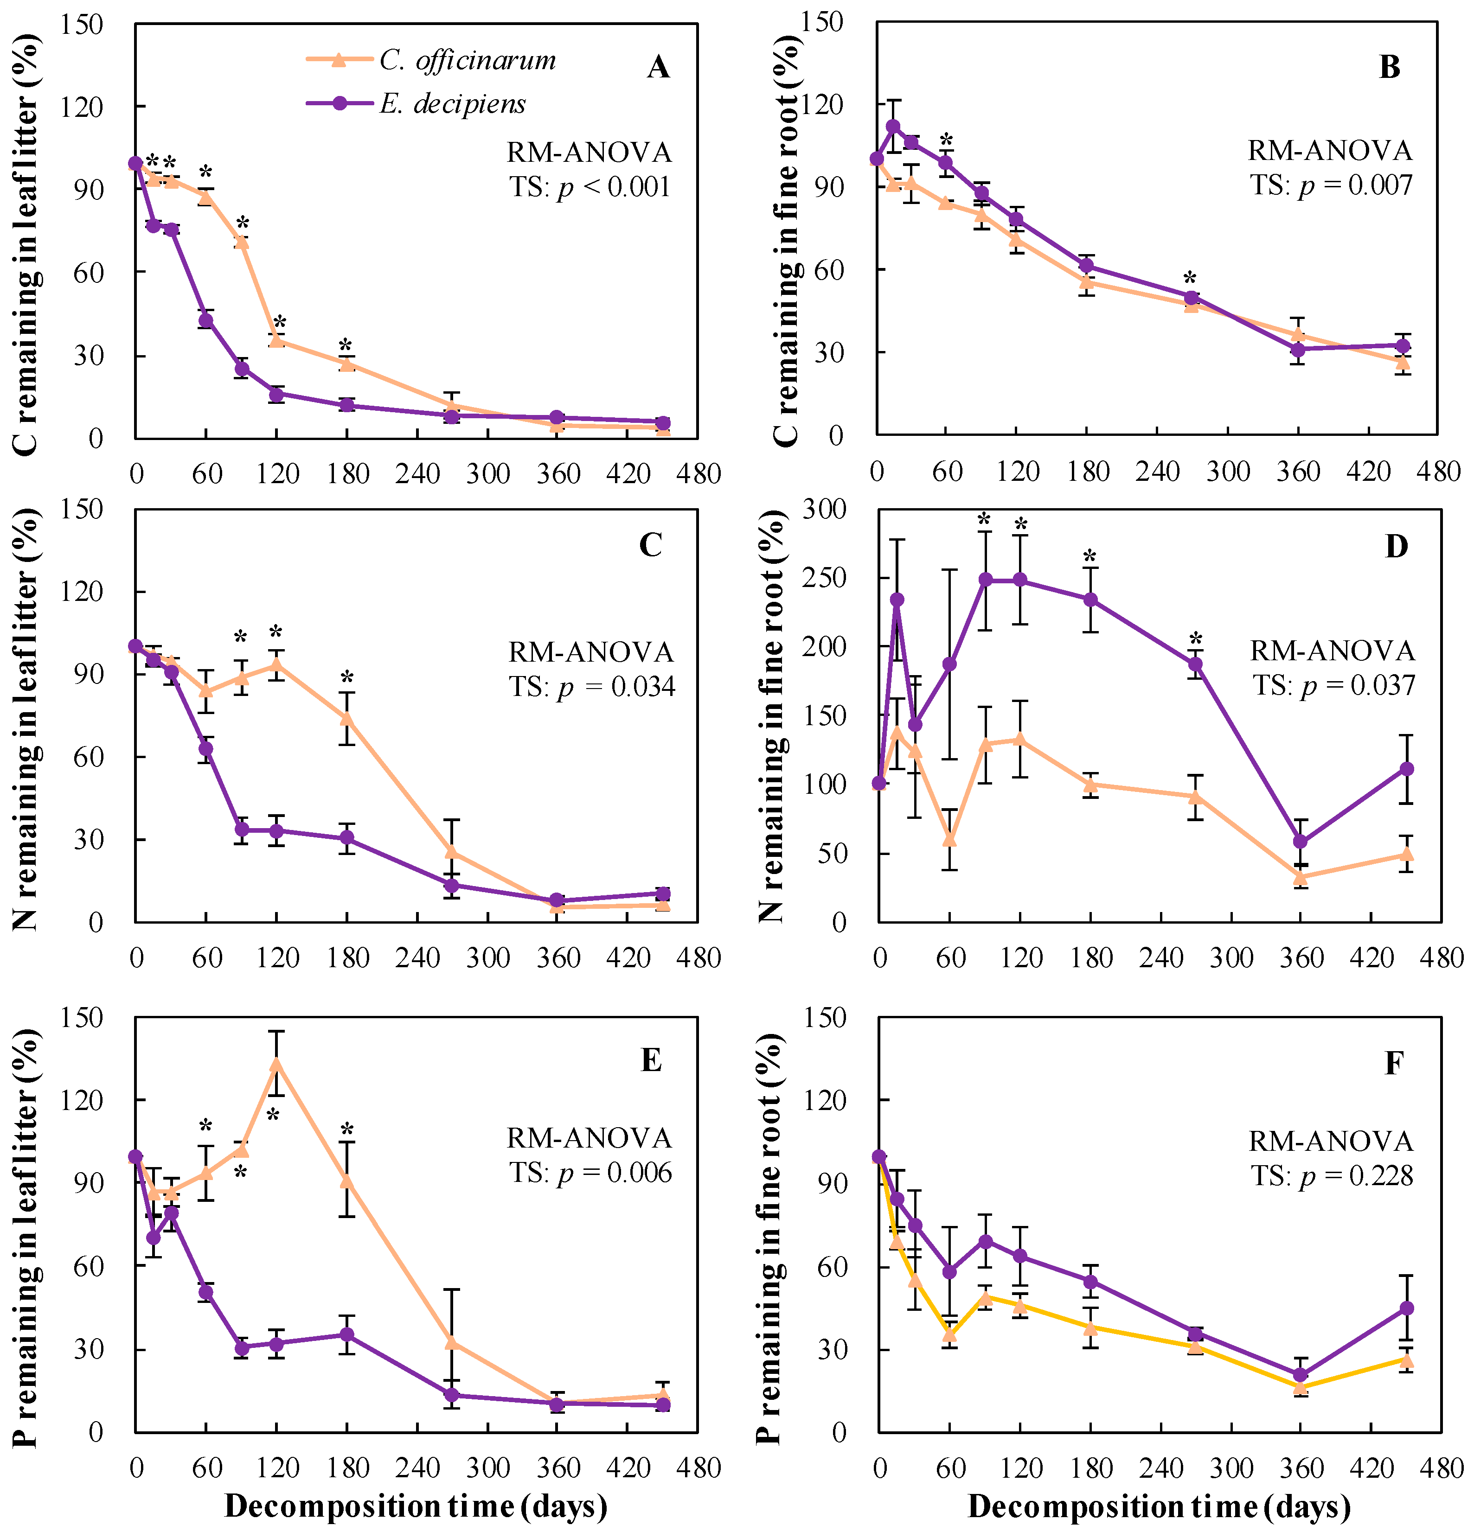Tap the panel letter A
(x=658, y=68)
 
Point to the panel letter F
(x=1394, y=1063)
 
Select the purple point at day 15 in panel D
(x=897, y=600)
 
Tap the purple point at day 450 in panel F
(x=1406, y=1308)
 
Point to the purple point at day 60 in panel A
(x=205, y=320)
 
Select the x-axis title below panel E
(x=416, y=1506)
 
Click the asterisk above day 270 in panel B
(x=1190, y=279)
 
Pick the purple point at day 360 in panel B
(x=1300, y=349)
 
